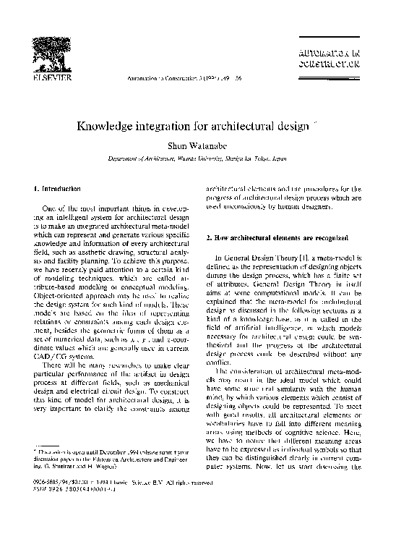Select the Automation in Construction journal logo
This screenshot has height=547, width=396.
pyautogui.click(x=328, y=58)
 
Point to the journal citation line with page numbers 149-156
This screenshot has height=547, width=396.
pyautogui.click(x=184, y=77)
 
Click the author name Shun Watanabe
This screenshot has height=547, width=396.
pyautogui.click(x=197, y=146)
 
